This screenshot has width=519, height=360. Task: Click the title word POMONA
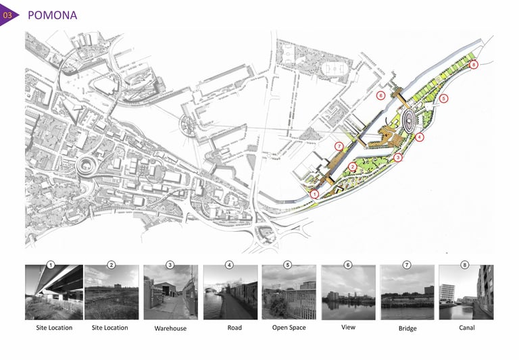tap(52, 15)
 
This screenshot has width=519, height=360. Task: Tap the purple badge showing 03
tap(8, 15)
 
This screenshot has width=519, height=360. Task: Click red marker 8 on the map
tap(474, 65)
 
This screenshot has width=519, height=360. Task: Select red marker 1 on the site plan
tap(315, 194)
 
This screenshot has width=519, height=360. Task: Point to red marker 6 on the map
tap(381, 96)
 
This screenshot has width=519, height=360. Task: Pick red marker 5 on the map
tap(443, 99)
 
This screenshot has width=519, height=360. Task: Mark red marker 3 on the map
tap(398, 157)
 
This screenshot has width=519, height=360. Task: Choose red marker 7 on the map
tap(339, 147)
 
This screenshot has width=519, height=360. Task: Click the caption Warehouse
tap(170, 329)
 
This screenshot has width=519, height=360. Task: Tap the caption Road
tap(230, 328)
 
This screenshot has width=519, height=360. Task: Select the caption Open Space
tap(289, 328)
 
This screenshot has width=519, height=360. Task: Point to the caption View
tap(348, 328)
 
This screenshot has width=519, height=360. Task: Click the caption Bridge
tap(407, 329)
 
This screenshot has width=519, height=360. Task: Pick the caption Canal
tap(466, 328)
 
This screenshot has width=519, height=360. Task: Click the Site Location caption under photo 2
tap(112, 328)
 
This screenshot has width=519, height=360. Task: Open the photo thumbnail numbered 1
tap(54, 292)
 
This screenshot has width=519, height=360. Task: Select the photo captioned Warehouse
tap(170, 292)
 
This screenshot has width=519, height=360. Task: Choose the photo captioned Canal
tap(466, 292)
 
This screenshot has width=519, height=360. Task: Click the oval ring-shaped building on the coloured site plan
tap(410, 120)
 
